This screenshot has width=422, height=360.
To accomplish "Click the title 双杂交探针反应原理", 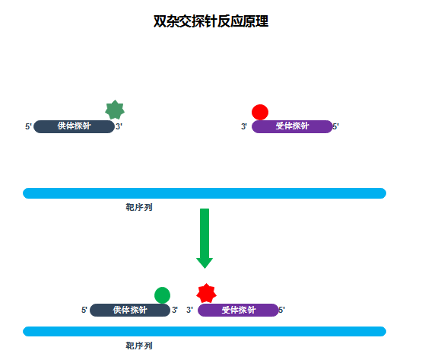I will click(211, 22).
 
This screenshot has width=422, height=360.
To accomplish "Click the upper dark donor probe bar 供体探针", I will click(74, 126).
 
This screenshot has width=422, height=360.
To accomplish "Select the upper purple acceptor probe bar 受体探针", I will click(292, 126).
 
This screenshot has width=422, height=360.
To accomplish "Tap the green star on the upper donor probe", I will click(114, 110).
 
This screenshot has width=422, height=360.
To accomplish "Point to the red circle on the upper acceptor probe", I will click(260, 112).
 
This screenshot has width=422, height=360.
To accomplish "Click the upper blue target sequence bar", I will click(205, 193).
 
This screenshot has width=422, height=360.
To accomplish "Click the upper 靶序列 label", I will click(139, 207).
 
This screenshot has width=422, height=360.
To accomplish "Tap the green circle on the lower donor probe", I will click(162, 295).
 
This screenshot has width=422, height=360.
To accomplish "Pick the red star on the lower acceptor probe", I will click(206, 294).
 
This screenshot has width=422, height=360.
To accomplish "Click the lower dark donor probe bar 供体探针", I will click(129, 310).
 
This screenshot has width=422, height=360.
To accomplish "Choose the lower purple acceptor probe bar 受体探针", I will click(238, 310).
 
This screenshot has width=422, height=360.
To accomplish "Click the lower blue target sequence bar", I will click(205, 331).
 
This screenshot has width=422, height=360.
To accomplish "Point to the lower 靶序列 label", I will click(139, 346).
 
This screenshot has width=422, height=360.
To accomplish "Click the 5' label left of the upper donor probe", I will click(29, 126).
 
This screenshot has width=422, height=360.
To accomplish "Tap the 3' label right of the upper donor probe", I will click(119, 126).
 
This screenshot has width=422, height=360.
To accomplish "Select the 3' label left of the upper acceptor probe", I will click(244, 126).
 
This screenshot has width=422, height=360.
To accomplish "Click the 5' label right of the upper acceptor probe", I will click(335, 126).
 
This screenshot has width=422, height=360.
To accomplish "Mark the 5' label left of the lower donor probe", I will click(85, 310).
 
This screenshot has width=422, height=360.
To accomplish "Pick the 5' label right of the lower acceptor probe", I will click(281, 310).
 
